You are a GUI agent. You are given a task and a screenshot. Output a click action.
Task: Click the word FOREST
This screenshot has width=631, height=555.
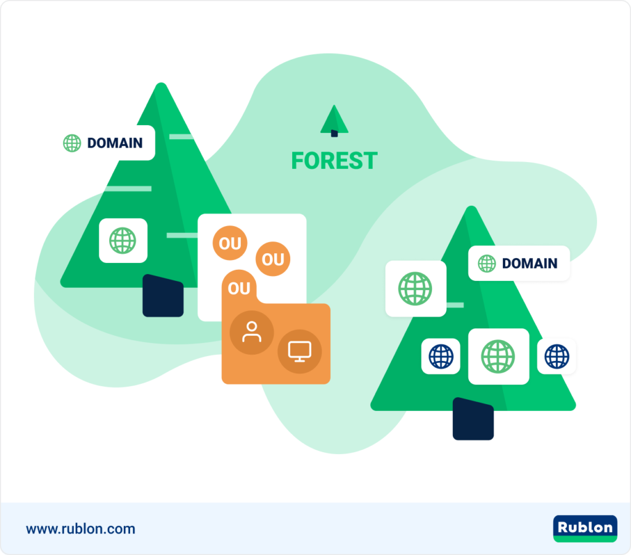tap(335, 161)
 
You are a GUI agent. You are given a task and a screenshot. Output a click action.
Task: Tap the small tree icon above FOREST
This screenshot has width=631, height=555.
tap(334, 121)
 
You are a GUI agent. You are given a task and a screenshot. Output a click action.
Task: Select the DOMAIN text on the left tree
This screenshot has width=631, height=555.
tap(115, 143)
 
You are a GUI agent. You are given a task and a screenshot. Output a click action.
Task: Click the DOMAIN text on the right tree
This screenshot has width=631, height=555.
tap(529, 264)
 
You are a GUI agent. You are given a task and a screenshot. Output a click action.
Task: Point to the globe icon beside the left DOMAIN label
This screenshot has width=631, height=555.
tap(72, 143)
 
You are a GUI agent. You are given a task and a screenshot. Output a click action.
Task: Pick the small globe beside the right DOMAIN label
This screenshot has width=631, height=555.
tap(487, 264)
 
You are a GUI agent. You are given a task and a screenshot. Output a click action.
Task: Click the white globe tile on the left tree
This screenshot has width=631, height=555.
tap(123, 240)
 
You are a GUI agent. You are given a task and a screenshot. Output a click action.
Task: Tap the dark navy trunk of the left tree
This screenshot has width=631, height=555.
tap(163, 296)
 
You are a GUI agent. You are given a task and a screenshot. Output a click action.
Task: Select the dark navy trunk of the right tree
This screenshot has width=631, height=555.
tap(473, 419)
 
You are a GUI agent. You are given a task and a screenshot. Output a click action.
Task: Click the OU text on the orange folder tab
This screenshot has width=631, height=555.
tap(239, 288)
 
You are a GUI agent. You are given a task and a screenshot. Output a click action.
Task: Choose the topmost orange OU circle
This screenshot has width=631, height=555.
tap(230, 243)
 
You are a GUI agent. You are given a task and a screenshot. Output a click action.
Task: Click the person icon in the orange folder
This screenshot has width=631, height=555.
tap(251, 332)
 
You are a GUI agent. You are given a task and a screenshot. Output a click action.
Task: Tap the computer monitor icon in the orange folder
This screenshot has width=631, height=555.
tap(300, 352)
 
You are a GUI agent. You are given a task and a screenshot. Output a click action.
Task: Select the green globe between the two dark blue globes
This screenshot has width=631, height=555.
tap(498, 356)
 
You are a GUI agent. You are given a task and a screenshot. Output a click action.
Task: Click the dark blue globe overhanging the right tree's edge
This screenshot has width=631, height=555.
tap(557, 356)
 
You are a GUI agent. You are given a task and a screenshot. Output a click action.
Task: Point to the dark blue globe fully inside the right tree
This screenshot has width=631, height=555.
tap(441, 356)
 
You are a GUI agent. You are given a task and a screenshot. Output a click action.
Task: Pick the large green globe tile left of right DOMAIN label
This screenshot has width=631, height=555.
tap(416, 289)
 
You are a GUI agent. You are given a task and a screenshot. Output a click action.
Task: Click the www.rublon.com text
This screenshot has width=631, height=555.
tap(81, 529)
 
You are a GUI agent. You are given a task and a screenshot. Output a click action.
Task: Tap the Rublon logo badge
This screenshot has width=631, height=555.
tap(585, 529)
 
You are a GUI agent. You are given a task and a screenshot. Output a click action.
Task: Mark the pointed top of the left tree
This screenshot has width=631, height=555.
tap(161, 83)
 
